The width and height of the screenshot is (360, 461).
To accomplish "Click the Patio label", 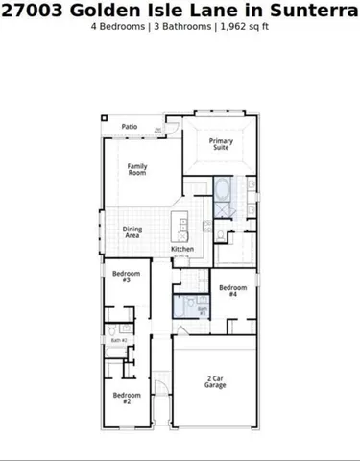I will tap(129, 126).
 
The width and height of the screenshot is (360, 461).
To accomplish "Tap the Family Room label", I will tap(137, 169).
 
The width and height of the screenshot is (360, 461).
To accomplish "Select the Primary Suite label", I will tap(222, 145).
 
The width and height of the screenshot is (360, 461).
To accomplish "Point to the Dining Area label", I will tap(132, 231).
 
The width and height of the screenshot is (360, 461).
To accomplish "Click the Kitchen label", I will tap(182, 249).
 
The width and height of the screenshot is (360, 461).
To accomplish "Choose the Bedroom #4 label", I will tap(233, 291).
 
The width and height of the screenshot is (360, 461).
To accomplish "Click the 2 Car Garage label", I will tap(216, 381).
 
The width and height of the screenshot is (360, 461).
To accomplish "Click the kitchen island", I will tap(179, 228).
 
